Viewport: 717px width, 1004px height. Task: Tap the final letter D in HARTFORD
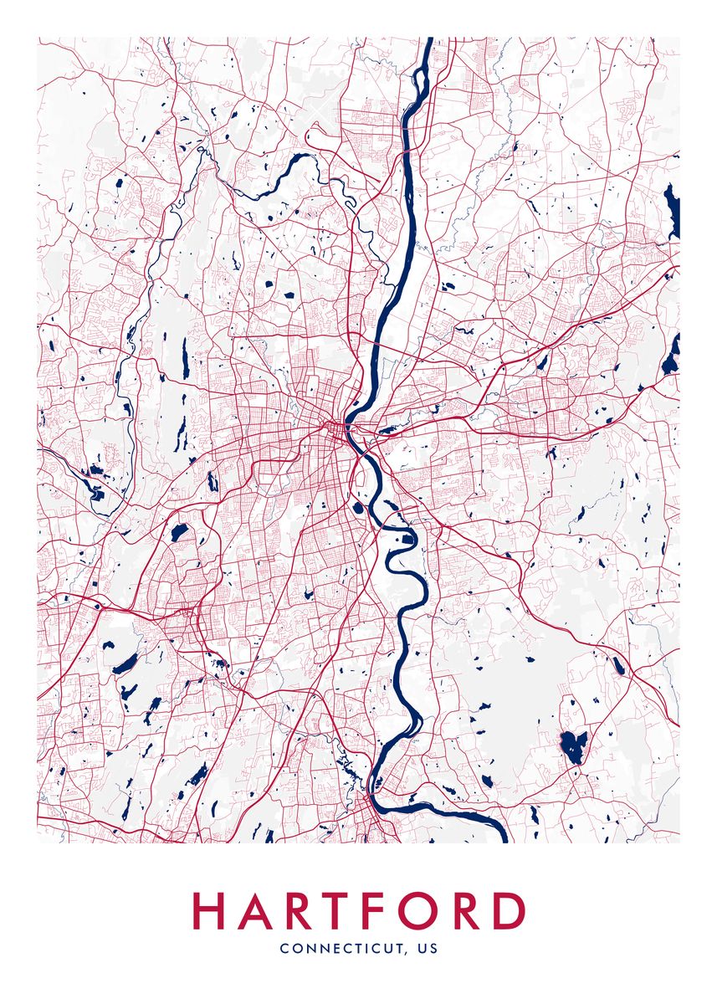coord(510,911)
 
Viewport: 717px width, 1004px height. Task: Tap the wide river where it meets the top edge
coord(428,42)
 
